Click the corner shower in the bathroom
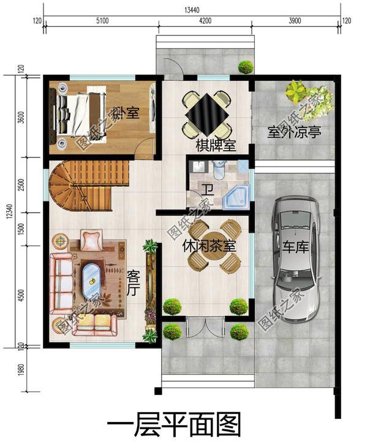pyautogui.click(x=237, y=194)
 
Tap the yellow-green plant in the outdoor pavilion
pyautogui.click(x=295, y=93)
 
